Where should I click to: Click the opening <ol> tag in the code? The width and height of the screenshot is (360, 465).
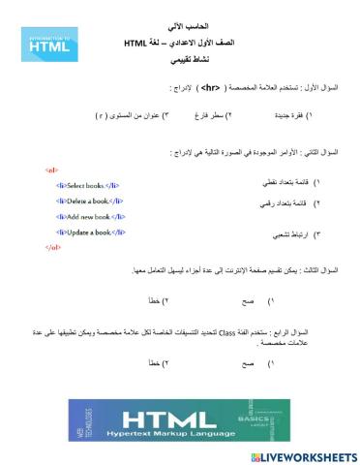tap(51, 170)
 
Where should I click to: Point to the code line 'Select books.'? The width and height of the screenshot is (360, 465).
tap(89, 185)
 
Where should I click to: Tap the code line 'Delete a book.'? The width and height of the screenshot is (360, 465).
tap(90, 201)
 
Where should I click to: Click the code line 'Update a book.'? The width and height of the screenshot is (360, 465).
tap(91, 232)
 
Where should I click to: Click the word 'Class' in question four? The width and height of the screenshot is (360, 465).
tap(229, 332)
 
